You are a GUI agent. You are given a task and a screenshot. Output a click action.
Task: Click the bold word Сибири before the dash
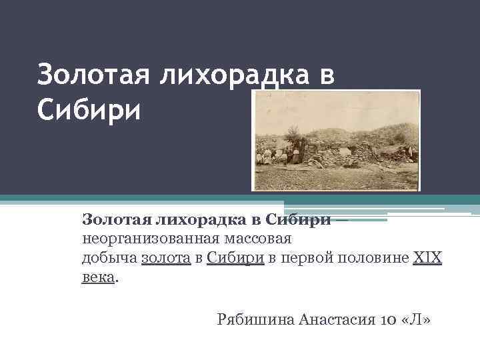pos(299,219)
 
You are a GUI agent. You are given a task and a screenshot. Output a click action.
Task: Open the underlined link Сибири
pos(235,257)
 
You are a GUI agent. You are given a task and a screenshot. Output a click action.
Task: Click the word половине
pos(373,257)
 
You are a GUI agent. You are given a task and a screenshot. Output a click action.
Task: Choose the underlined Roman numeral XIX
pos(428,257)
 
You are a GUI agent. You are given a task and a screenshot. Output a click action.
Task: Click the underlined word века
pos(99,277)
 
